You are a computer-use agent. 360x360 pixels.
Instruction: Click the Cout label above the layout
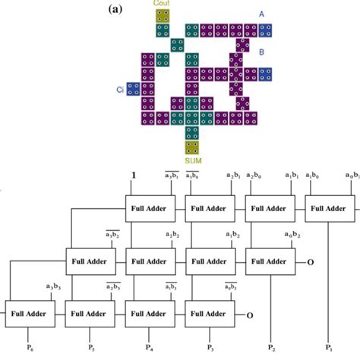(x=163, y=4)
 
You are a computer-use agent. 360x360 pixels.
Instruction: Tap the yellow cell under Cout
(x=163, y=15)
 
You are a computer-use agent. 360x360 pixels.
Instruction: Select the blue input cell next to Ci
(x=133, y=90)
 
